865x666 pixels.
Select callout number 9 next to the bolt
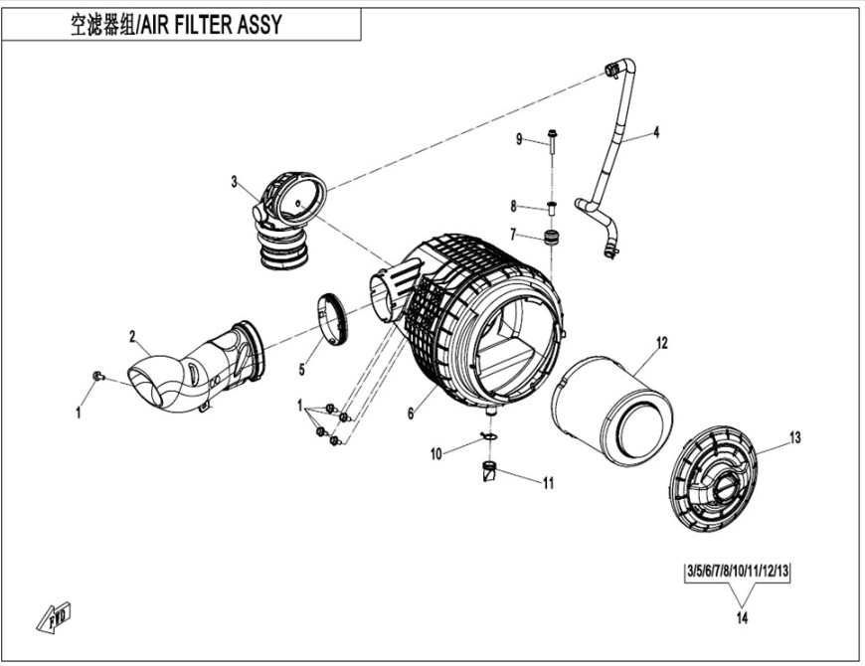tap(519, 139)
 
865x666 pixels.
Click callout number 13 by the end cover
tap(794, 437)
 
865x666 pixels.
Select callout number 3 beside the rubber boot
tap(235, 182)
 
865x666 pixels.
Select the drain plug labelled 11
tap(489, 471)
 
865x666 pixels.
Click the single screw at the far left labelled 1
tap(96, 375)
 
